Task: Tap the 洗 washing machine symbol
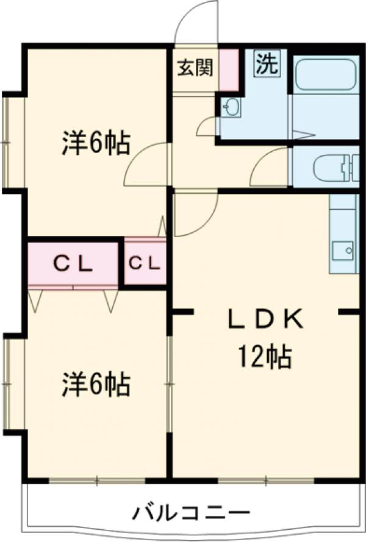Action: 267,64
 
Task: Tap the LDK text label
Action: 265,318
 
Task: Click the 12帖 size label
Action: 265,357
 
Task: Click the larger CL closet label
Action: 72,263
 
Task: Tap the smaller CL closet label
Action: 145,263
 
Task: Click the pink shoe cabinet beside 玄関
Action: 228,70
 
